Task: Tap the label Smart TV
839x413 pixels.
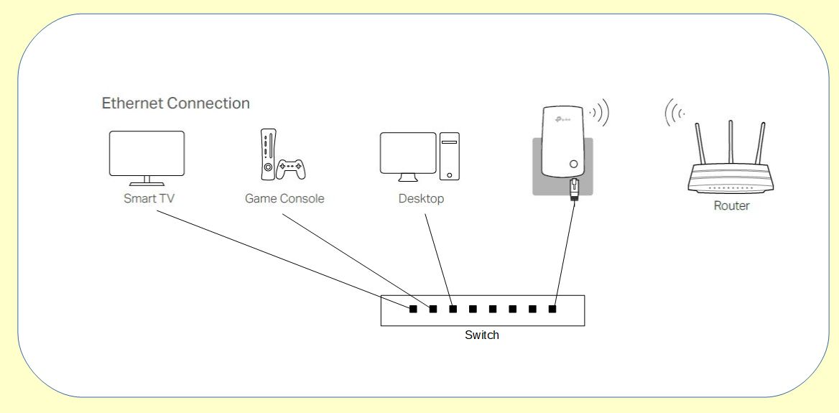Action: (149, 198)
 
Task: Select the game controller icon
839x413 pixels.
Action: (291, 170)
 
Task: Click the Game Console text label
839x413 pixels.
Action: (284, 198)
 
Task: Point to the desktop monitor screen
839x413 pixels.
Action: (408, 153)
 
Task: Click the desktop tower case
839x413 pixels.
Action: (450, 156)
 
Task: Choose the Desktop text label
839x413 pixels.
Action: (421, 198)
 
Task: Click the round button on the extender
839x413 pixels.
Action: (573, 164)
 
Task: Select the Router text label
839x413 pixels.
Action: (731, 206)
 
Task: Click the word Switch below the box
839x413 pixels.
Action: (481, 335)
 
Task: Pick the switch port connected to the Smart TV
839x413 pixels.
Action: (413, 310)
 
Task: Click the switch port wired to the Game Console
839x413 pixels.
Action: (433, 310)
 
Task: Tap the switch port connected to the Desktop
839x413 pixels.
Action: (453, 310)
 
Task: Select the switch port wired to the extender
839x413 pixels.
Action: (552, 310)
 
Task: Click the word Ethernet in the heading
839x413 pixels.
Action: (133, 103)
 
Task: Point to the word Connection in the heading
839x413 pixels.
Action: (208, 103)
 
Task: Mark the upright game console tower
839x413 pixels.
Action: (267, 154)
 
